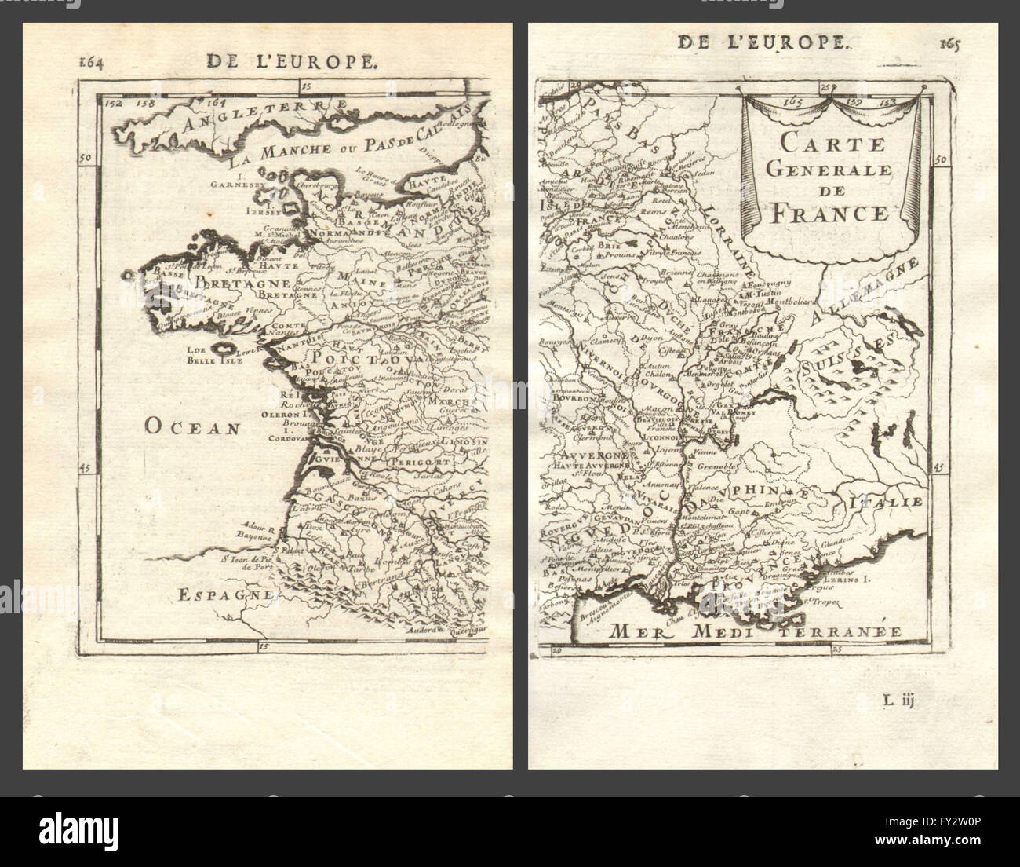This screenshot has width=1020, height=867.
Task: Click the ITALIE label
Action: pos(891,499)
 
